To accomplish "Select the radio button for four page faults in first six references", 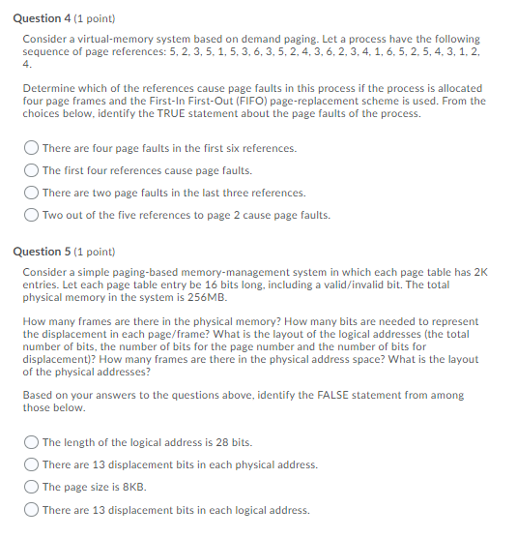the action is click(x=31, y=148).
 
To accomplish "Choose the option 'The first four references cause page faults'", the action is click(x=31, y=170).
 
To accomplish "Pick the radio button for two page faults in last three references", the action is click(x=31, y=193).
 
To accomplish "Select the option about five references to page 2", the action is click(x=31, y=215).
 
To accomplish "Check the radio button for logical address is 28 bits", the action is click(x=31, y=442).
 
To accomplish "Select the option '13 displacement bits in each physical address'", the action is click(x=31, y=464).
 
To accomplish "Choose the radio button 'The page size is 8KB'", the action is click(x=31, y=487).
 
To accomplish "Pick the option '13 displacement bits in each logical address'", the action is click(x=31, y=510).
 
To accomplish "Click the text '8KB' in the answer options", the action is click(x=133, y=487).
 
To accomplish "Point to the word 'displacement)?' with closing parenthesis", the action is click(x=57, y=359).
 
